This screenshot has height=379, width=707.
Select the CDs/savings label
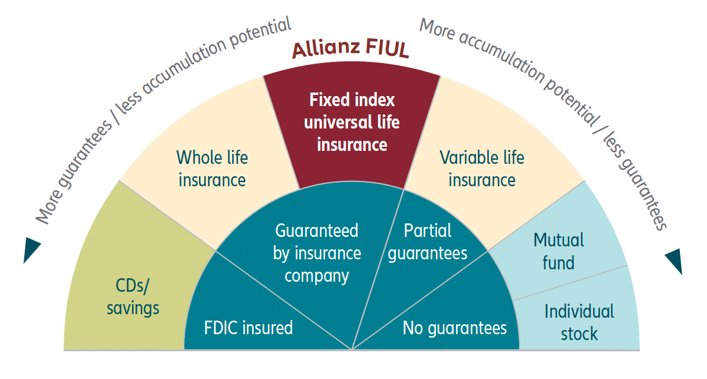click(133, 297)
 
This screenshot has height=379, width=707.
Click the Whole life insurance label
click(212, 169)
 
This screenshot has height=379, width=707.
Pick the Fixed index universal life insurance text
click(352, 122)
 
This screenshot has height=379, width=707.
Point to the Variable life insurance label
click(482, 169)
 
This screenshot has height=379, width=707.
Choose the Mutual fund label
click(559, 251)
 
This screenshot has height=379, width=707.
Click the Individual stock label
click(579, 322)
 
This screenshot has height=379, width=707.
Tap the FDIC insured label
click(248, 328)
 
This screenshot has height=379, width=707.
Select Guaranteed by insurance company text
click(317, 253)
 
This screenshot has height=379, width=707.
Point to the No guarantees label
click(454, 328)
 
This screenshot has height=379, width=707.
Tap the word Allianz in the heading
click(326, 49)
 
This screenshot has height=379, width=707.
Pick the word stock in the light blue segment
click(579, 334)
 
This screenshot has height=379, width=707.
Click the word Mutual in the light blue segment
click(559, 240)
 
